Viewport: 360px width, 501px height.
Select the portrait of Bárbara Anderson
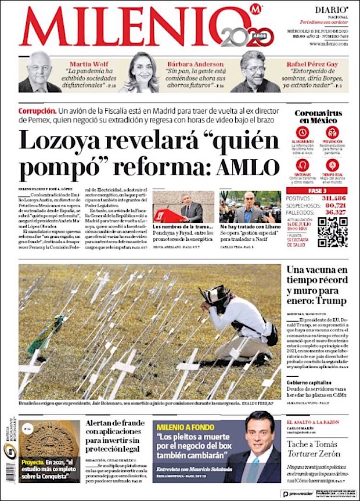[139, 73]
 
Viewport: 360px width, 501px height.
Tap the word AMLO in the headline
[248, 168]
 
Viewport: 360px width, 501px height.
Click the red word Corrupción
[37, 110]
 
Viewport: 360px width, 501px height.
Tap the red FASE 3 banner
[316, 190]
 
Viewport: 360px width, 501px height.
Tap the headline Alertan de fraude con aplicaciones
[116, 435]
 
